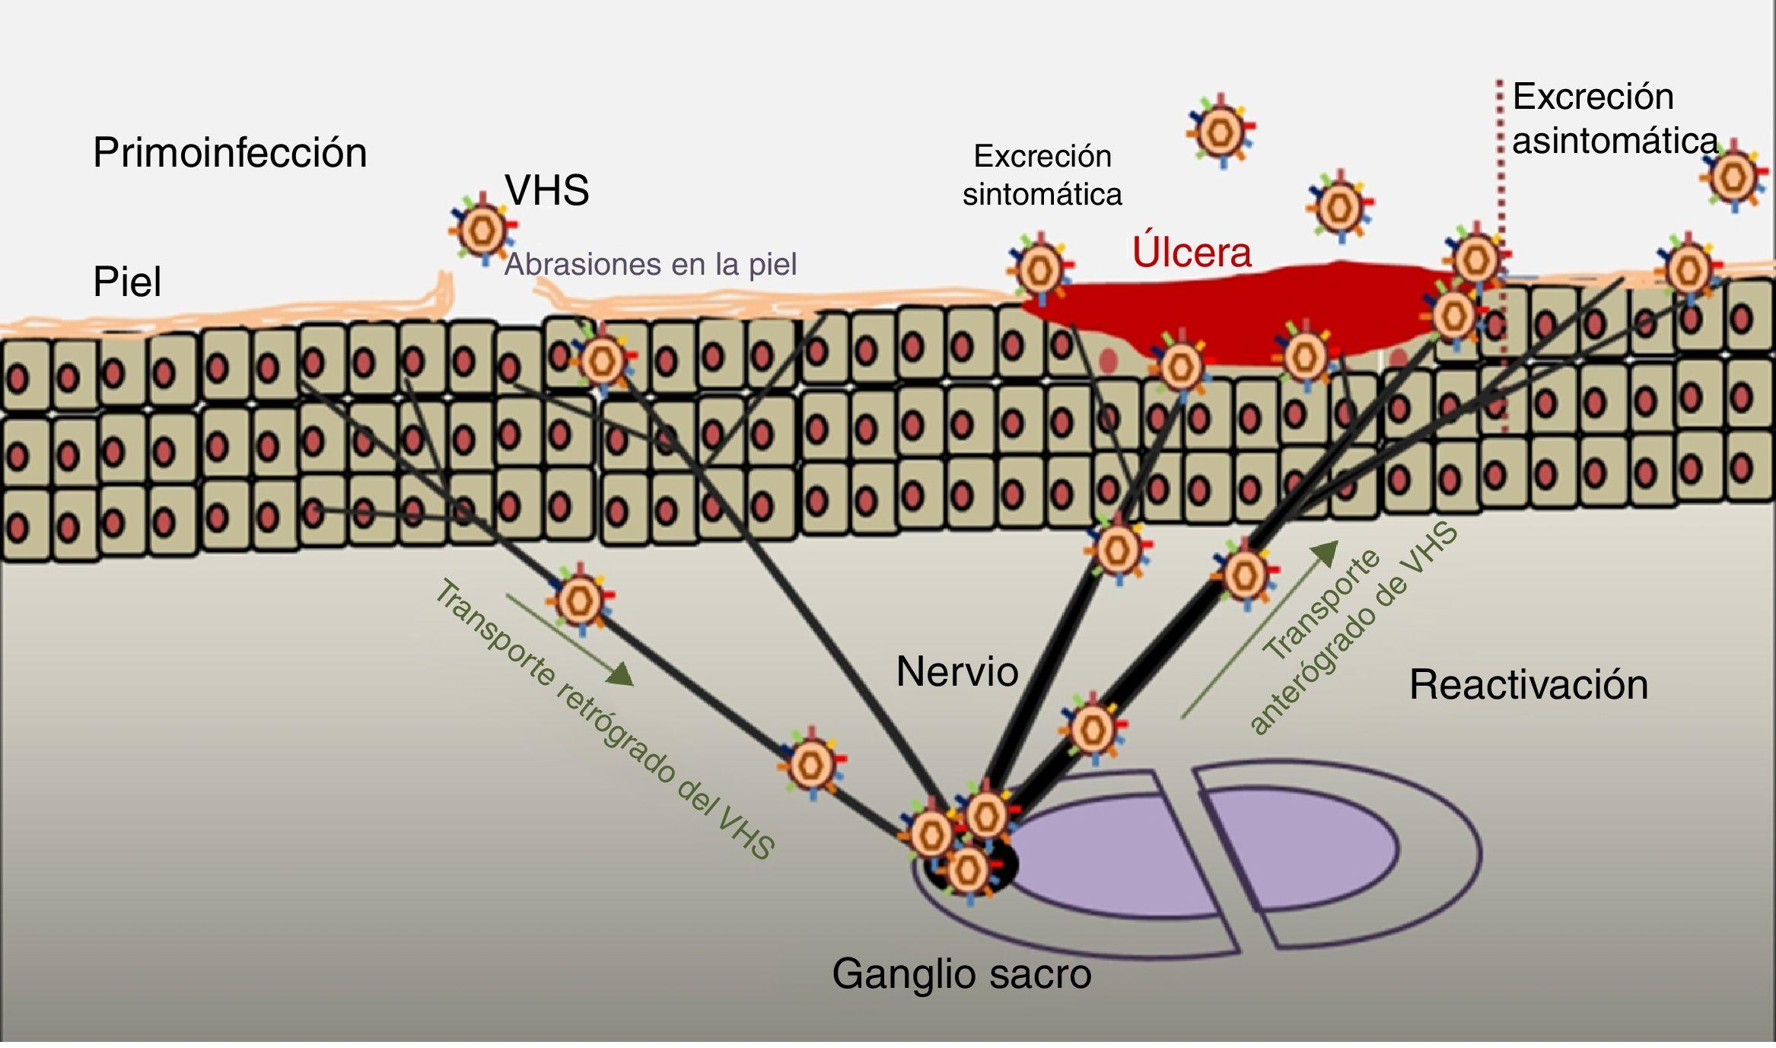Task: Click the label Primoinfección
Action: [230, 153]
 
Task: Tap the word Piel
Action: [127, 282]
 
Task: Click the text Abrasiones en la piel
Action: [651, 264]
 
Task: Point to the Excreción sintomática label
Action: [1042, 175]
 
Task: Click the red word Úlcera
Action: [1192, 252]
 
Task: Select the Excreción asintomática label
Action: [1613, 119]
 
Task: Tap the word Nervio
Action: [957, 671]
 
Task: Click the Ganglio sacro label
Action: [962, 973]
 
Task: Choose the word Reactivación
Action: [1529, 684]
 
